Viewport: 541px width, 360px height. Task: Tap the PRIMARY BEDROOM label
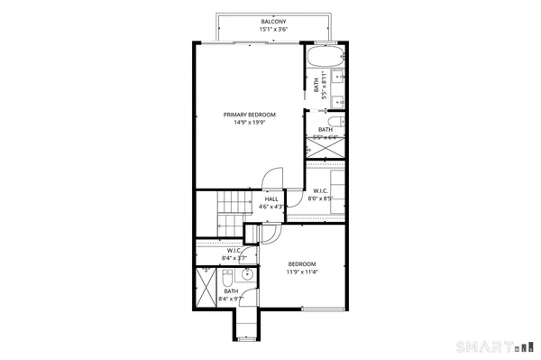(250, 115)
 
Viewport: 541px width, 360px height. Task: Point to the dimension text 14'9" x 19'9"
(250, 123)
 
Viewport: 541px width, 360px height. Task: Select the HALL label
(271, 199)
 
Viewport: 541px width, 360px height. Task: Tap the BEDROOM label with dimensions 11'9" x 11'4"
(302, 263)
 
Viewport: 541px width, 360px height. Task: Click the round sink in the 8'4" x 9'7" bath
(227, 276)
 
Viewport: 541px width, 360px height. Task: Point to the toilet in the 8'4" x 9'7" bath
(248, 275)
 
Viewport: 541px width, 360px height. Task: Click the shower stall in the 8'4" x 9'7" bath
(206, 289)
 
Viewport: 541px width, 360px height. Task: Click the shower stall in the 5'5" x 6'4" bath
(326, 147)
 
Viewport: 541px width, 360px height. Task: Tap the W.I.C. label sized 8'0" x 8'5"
(321, 190)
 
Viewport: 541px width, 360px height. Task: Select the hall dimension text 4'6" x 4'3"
(271, 208)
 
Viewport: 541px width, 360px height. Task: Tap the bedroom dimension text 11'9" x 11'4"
(302, 272)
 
